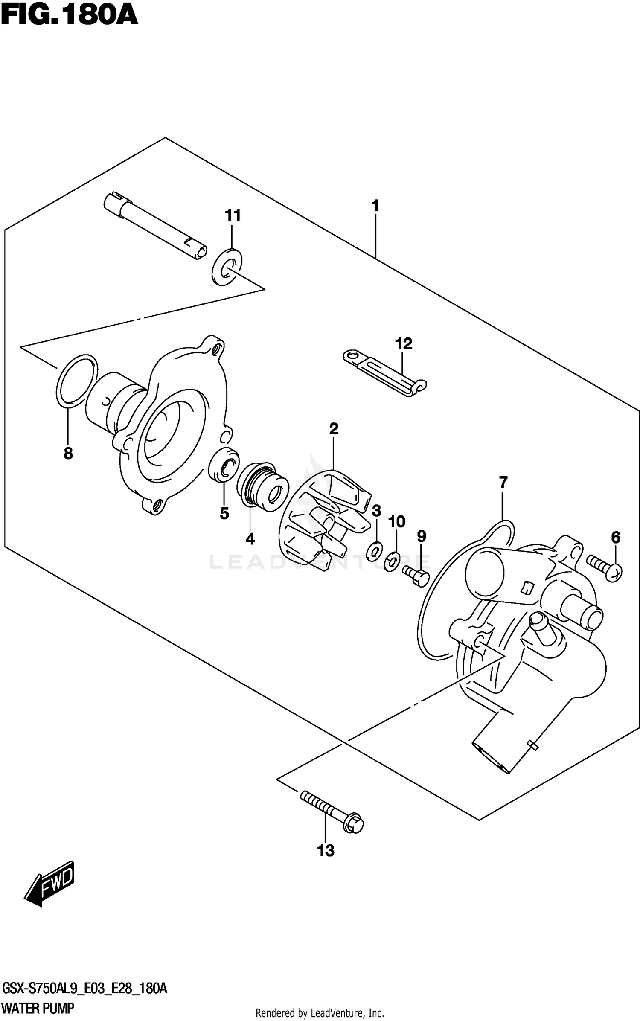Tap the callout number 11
pyautogui.click(x=233, y=215)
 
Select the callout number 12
pyautogui.click(x=404, y=343)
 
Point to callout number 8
pyautogui.click(x=68, y=453)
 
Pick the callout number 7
pyautogui.click(x=503, y=483)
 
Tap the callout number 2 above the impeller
pyautogui.click(x=334, y=428)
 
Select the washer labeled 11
pyautogui.click(x=227, y=267)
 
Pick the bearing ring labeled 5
pyautogui.click(x=224, y=465)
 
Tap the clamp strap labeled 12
pyautogui.click(x=384, y=372)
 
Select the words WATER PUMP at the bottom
pyautogui.click(x=38, y=1008)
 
